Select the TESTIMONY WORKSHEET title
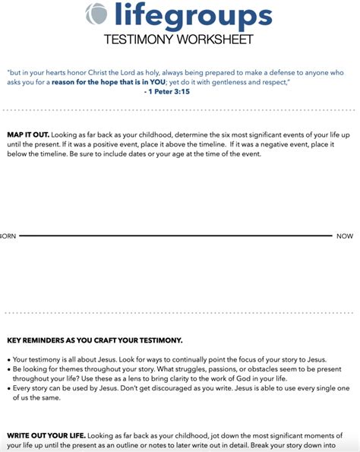(179, 39)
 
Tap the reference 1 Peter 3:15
(167, 91)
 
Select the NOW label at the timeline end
(345, 236)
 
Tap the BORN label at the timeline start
(8, 236)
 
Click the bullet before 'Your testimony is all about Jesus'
(8, 359)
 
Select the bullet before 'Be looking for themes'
(8, 369)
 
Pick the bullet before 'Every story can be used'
(8, 389)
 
